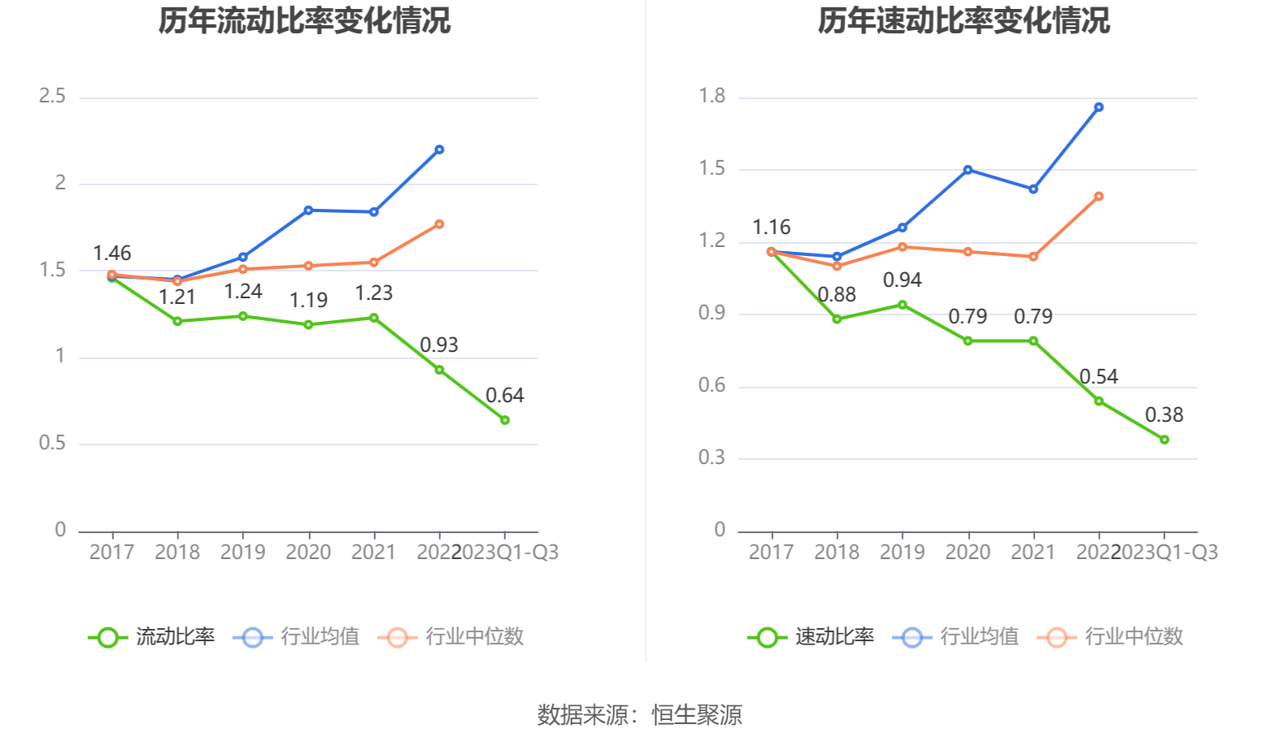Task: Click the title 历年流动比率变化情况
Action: [x=304, y=20]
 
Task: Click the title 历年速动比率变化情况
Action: [x=964, y=20]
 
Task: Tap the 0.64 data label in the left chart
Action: [x=504, y=396]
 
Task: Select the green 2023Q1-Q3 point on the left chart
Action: [x=505, y=420]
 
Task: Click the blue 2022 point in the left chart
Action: [x=439, y=150]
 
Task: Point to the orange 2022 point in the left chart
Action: [x=439, y=224]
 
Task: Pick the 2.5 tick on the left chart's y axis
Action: [x=53, y=97]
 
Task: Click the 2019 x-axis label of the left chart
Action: [x=242, y=553]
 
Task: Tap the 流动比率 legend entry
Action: [x=153, y=636]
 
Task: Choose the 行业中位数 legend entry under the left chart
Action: [x=452, y=636]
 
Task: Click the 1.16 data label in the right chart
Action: [x=771, y=228]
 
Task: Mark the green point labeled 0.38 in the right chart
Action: [x=1165, y=440]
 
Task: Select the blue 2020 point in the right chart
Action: [x=968, y=170]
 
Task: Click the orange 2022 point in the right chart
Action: [x=1099, y=197]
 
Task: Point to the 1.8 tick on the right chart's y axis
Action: [x=712, y=97]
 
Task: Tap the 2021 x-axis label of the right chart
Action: [x=1033, y=553]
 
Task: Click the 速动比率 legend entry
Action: [x=812, y=636]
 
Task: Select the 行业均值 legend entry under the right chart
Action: [x=957, y=636]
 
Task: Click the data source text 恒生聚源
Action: [x=697, y=715]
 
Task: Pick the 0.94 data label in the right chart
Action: [x=902, y=280]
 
